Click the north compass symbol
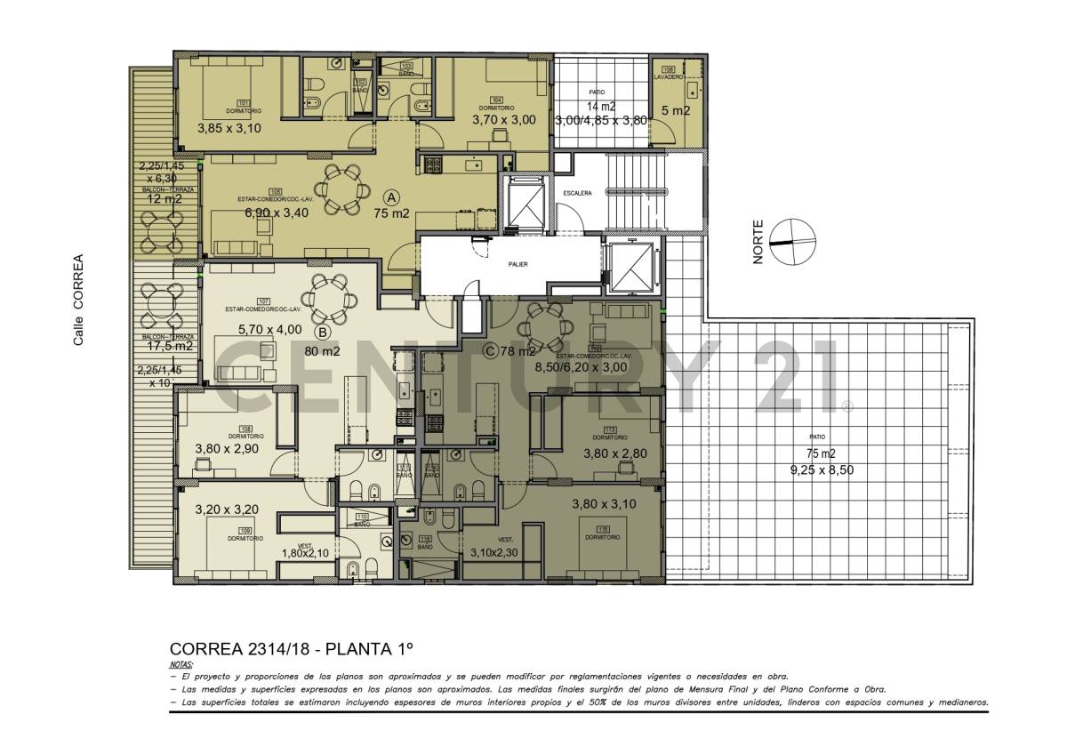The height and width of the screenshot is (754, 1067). [x=791, y=242]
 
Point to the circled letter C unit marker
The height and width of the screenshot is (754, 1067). [x=488, y=351]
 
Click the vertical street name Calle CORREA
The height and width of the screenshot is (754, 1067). [x=78, y=300]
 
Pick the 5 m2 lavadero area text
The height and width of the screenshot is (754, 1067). [x=676, y=111]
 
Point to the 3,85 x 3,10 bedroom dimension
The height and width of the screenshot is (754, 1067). [x=229, y=128]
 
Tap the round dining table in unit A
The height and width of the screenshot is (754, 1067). [x=342, y=189]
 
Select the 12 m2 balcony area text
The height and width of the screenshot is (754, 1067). [x=164, y=199]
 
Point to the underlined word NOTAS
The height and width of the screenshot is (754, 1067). [x=181, y=664]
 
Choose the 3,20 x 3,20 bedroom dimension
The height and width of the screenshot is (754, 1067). [x=227, y=510]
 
